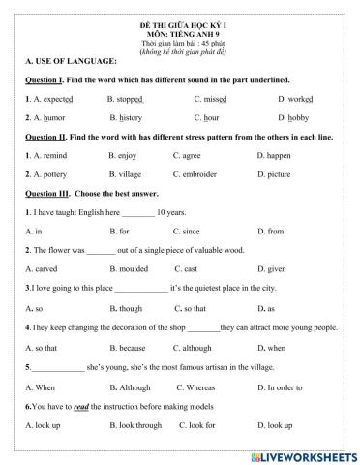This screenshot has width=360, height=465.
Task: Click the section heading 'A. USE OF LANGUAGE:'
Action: coord(62,60)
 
